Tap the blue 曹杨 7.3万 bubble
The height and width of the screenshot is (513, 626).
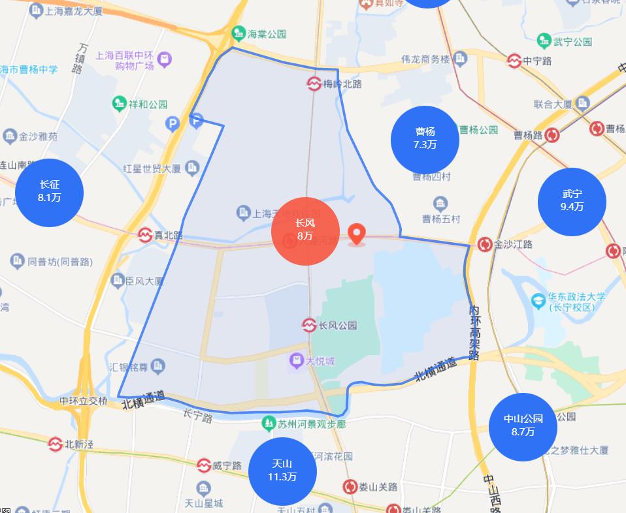coord(425,140)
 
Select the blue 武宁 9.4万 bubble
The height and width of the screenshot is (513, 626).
coord(572,202)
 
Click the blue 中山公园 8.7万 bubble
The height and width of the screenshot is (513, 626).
coord(523,426)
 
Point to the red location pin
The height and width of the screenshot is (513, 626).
coord(357,234)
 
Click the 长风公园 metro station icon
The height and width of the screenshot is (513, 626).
coord(310,324)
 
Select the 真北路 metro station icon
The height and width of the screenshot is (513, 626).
coord(145,235)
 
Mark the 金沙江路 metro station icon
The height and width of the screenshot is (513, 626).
coord(485,244)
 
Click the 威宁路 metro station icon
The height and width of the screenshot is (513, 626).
coord(204,465)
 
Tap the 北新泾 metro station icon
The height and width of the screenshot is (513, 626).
coord(56,444)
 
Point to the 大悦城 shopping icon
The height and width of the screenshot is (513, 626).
coord(297,361)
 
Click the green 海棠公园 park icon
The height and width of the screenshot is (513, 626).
coord(239,33)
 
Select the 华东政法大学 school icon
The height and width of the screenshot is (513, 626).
coord(538,301)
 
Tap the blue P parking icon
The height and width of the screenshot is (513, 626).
coord(173,122)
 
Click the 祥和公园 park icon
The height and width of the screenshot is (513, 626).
coord(119,104)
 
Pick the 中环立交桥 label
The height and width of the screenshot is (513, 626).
coord(83,401)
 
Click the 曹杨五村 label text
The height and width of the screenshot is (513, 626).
coord(441,219)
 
